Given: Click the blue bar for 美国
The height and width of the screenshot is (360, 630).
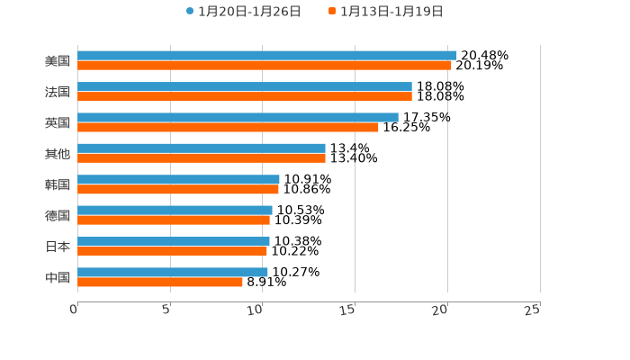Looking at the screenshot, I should click(267, 56).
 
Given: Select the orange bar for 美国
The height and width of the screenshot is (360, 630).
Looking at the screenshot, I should click(265, 66).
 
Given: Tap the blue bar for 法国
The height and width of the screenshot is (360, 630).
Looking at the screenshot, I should click(245, 87).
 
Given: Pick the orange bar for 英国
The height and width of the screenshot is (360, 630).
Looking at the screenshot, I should click(228, 128).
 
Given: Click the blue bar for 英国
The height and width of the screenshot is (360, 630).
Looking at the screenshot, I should click(238, 118).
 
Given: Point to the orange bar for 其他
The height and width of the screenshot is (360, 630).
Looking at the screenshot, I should click(202, 158).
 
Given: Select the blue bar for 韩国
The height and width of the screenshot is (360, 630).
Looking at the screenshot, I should click(178, 180).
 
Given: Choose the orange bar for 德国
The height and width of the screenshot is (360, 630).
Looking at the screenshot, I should click(174, 220).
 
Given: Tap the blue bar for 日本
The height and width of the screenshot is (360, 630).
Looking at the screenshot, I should click(174, 241).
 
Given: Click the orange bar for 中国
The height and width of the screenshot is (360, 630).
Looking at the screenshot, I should click(160, 283).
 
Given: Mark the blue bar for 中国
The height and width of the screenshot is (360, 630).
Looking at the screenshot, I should click(173, 273).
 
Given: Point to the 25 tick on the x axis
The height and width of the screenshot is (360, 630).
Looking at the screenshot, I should click(532, 310).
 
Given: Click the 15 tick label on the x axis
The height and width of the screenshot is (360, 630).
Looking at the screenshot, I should click(347, 310).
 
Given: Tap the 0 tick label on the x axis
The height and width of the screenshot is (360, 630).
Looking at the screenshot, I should click(74, 310).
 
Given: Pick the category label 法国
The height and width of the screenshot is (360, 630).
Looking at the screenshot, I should click(58, 92).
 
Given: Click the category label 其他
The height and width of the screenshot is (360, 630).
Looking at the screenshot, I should click(58, 154).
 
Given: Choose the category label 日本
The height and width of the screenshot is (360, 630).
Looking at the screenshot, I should click(58, 247).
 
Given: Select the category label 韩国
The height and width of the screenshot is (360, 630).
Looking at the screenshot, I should click(58, 184).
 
